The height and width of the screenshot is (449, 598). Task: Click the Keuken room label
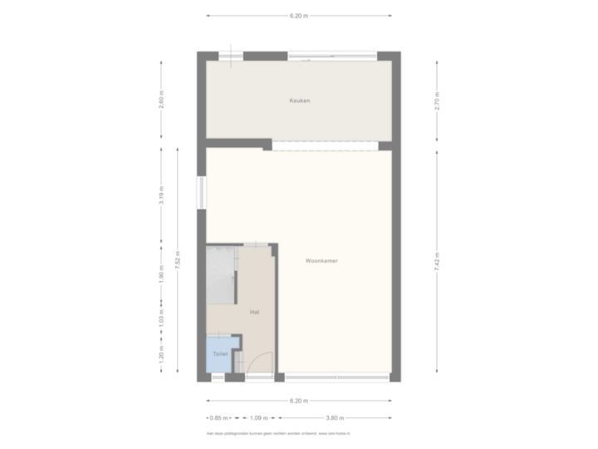pyautogui.click(x=299, y=101)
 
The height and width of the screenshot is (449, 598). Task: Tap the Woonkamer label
pyautogui.click(x=321, y=260)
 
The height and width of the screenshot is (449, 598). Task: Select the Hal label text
pyautogui.click(x=254, y=311)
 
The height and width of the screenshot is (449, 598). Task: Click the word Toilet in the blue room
pyautogui.click(x=220, y=354)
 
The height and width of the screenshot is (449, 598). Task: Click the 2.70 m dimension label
pyautogui.click(x=437, y=101)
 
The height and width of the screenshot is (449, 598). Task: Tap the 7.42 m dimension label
pyautogui.click(x=437, y=260)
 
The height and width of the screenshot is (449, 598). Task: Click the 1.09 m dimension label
pyautogui.click(x=260, y=417)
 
